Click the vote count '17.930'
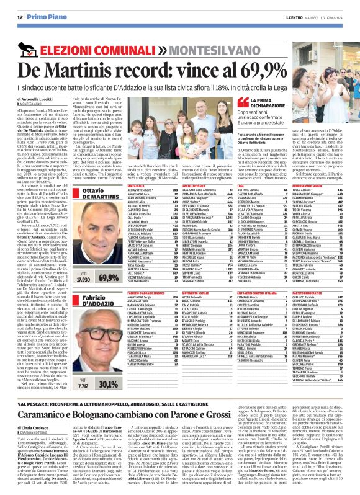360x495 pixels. click(x=74, y=262)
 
